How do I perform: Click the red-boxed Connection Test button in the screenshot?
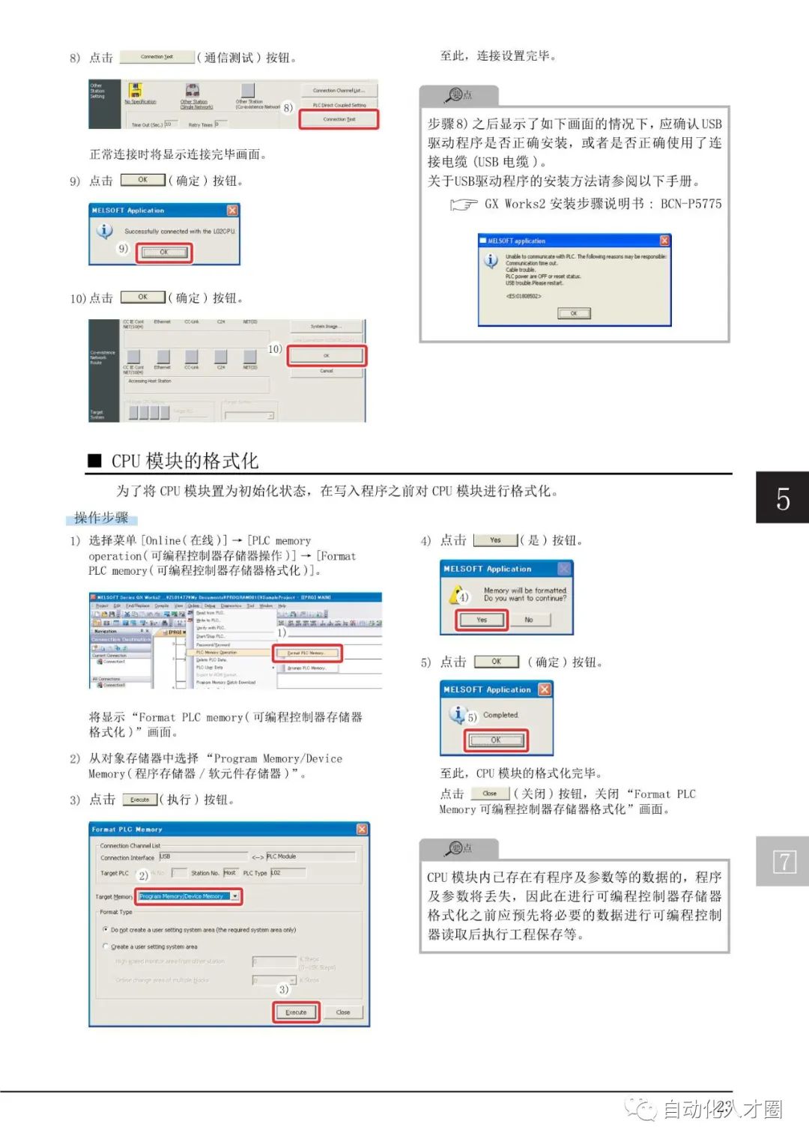[339, 119]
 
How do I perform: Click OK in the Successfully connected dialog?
[163, 253]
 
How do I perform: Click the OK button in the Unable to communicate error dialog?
[574, 313]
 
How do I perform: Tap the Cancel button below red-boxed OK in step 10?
[327, 371]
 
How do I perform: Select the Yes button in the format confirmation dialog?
[482, 620]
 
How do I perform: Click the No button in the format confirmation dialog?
[529, 620]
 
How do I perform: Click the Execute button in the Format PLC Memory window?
[296, 1012]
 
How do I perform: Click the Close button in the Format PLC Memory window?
[343, 1012]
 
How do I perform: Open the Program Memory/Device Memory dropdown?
[235, 896]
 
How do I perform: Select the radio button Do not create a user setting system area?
[106, 929]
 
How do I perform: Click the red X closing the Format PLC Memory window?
[362, 830]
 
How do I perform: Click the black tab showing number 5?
[782, 498]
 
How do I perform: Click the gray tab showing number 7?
[782, 862]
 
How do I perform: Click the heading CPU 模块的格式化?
[184, 461]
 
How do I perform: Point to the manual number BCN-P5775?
[691, 204]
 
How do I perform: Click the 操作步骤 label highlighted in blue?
[101, 518]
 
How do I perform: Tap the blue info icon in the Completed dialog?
[456, 713]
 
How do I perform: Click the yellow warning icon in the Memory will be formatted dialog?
[456, 596]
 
